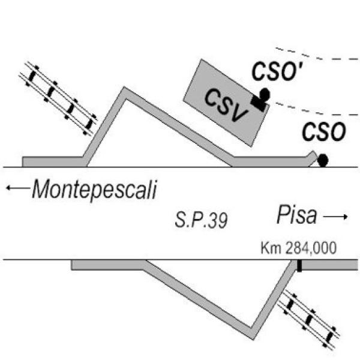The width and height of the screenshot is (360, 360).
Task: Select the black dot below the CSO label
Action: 323,160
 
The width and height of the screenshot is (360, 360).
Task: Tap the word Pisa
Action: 296,215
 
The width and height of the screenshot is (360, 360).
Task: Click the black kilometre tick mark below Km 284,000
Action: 299,265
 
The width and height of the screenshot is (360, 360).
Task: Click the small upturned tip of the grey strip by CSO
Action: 312,154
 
